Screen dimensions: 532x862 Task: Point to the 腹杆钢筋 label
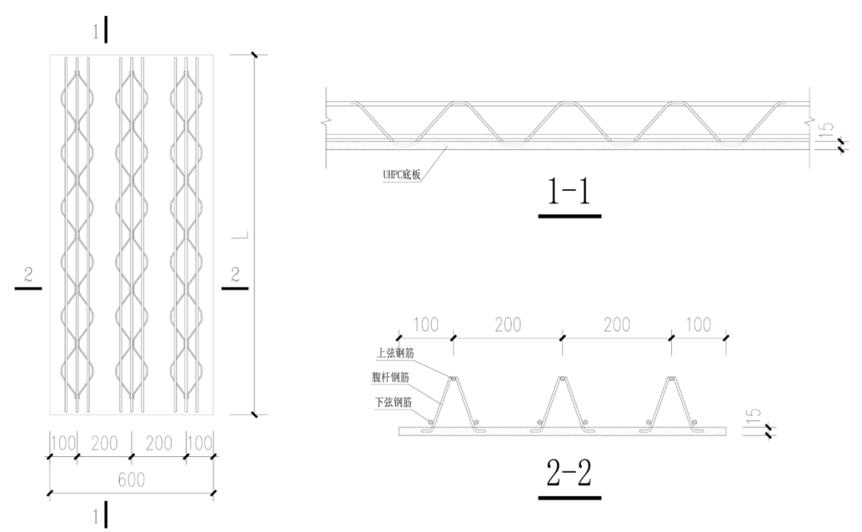tap(395, 377)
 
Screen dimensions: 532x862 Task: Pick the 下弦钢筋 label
tap(395, 402)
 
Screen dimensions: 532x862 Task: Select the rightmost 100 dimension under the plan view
tap(199, 443)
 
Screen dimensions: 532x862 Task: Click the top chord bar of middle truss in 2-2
tap(560, 380)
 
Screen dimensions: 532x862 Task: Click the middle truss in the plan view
tap(131, 234)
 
